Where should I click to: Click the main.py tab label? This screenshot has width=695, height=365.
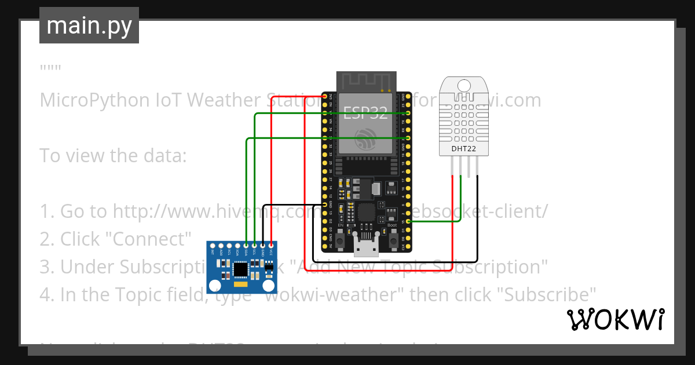pos(89,25)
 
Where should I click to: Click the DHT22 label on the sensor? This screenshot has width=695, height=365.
pos(463,149)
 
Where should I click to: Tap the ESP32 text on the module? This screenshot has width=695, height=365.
pos(365,112)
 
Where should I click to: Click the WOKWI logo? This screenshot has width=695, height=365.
pos(615,320)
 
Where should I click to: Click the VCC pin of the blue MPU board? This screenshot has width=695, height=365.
pos(271,246)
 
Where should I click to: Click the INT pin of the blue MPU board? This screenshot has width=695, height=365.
pos(213,246)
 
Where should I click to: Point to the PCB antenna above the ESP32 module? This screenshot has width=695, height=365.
pos(366,81)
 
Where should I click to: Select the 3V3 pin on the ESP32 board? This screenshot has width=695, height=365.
pos(324,96)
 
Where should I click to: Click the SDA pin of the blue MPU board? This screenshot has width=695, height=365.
pos(246,246)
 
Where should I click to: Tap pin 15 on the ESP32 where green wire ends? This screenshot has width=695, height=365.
pos(408,221)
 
